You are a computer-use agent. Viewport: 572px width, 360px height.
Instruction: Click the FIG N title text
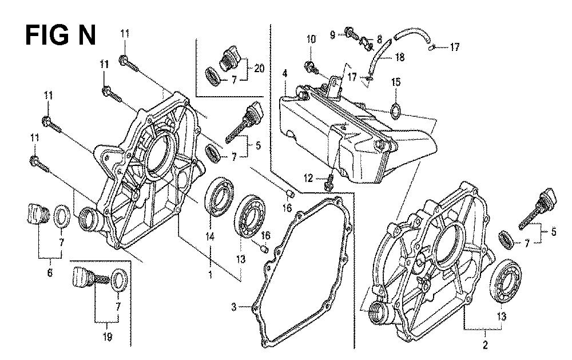point(61,35)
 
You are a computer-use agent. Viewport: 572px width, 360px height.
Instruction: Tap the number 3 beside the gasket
point(233,308)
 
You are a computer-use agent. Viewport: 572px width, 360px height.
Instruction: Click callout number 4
point(284,73)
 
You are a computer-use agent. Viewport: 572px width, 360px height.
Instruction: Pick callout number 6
point(49,273)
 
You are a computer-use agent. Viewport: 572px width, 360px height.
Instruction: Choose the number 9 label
point(332,35)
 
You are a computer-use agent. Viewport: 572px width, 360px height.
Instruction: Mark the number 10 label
point(311,39)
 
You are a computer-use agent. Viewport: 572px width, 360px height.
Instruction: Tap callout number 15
point(394,82)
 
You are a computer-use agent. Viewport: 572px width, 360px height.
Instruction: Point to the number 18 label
point(399,57)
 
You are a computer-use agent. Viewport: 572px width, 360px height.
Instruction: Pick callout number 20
point(259,68)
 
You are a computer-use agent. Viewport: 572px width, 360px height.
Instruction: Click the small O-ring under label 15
point(395,109)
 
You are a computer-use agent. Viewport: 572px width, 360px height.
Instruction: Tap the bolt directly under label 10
point(312,68)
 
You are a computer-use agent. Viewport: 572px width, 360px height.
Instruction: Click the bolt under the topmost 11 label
point(128,62)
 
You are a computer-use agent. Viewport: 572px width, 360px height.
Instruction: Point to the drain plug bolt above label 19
point(86,280)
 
